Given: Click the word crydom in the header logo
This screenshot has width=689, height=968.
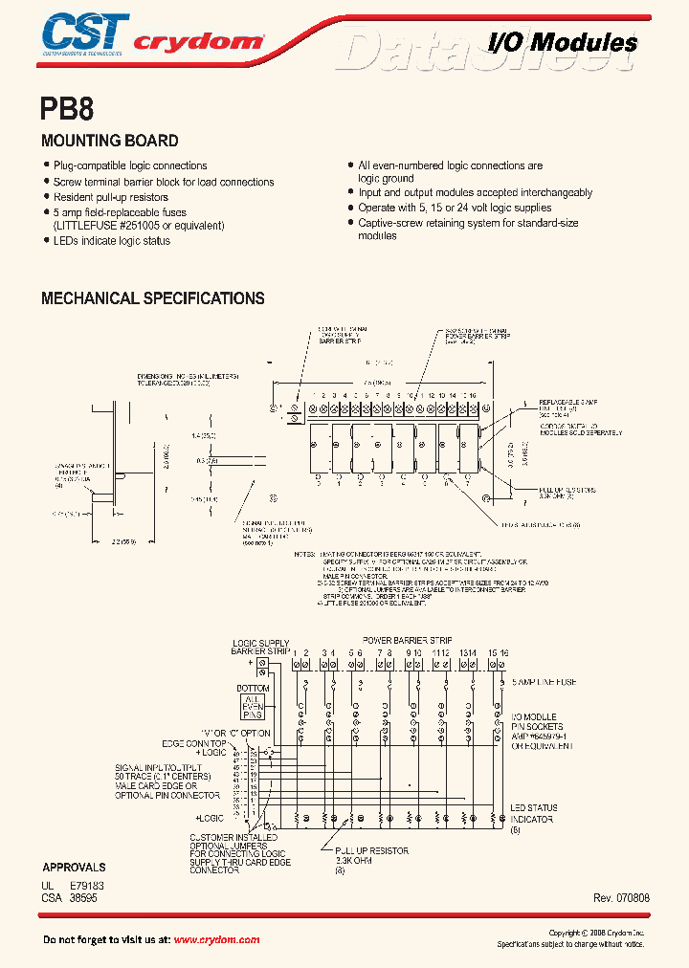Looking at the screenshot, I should tap(197, 42).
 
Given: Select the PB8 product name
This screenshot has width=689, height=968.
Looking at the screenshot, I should tap(67, 108).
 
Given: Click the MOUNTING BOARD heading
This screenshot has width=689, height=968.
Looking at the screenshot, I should tap(109, 141).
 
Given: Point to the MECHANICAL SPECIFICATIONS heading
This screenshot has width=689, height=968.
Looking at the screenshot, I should tap(153, 298).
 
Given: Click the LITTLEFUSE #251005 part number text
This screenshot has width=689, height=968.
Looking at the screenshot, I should tap(138, 226).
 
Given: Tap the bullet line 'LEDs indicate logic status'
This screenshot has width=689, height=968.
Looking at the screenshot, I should tap(111, 241).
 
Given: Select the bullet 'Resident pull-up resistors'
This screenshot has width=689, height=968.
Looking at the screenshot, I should tap(110, 197).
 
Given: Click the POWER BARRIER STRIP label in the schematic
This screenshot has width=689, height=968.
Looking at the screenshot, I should tap(407, 640).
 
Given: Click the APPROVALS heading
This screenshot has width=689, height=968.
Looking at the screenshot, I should tap(74, 869).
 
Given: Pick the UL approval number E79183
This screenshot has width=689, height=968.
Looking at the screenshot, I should tap(87, 886).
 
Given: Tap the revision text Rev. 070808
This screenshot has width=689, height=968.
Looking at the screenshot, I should tap(623, 898).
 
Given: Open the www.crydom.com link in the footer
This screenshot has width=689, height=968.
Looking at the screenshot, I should tap(216, 939).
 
